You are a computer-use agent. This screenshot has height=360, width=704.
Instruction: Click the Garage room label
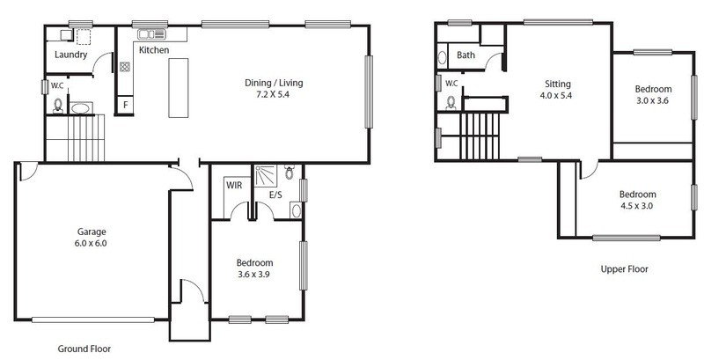[92, 232]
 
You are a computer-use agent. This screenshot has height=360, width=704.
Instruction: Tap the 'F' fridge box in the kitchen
[126, 106]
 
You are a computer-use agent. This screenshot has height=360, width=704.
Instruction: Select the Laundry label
[70, 55]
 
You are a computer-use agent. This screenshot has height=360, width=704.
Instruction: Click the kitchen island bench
[179, 88]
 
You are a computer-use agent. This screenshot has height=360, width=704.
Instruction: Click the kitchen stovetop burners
[125, 67]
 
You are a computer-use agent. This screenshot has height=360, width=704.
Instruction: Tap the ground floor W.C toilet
[58, 106]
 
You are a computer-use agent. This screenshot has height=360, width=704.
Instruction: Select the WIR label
[234, 185]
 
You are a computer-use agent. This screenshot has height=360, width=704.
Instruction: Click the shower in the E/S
[266, 176]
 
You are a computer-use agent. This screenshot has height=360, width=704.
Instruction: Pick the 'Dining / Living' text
[274, 83]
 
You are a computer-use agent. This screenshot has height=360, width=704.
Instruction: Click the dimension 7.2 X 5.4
[274, 95]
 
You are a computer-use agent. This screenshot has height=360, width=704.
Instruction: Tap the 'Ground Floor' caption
[84, 349]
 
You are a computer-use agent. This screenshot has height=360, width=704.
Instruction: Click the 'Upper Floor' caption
[625, 269]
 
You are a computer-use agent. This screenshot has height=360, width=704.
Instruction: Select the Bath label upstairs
[466, 55]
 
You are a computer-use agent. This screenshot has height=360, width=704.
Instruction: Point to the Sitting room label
[558, 84]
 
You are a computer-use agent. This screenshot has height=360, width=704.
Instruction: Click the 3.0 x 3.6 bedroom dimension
[653, 101]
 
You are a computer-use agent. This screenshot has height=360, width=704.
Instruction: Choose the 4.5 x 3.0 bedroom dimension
[636, 207]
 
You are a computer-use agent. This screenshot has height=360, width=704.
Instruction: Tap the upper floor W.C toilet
[451, 103]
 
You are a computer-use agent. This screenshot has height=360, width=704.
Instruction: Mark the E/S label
[275, 195]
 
